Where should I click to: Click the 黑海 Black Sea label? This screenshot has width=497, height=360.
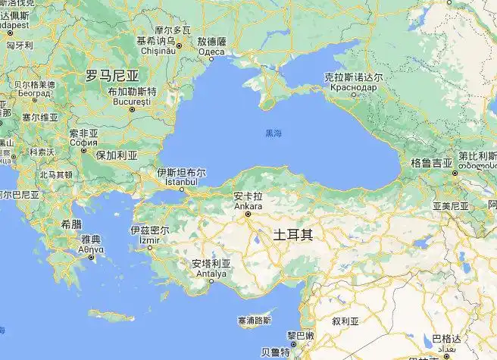coord(273,133)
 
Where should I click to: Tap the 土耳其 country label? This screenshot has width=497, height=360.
coord(292,234)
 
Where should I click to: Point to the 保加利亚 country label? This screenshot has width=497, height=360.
coord(116,155)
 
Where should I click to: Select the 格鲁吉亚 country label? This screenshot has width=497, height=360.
coord(431,162)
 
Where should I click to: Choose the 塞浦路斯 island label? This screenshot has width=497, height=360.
coord(254,321)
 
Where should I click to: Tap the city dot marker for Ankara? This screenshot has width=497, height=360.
coord(247,214)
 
